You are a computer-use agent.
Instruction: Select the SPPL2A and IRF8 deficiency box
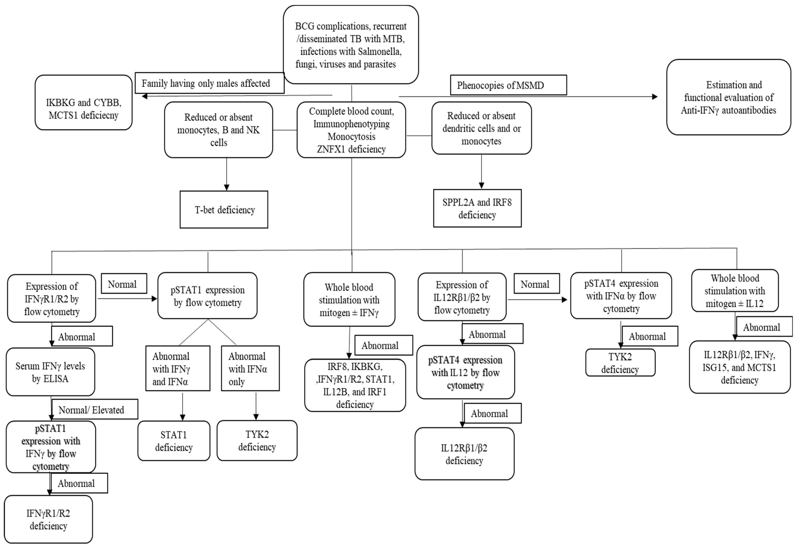click(x=477, y=209)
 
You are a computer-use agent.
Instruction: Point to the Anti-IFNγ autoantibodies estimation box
click(x=729, y=97)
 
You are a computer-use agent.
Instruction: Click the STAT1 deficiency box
click(x=174, y=441)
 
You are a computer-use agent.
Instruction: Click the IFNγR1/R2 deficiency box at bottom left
click(x=48, y=520)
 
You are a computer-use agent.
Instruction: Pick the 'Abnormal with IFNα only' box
click(x=250, y=368)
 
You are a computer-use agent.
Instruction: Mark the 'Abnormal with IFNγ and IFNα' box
click(x=178, y=368)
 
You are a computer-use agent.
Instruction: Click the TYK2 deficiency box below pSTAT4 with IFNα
click(x=620, y=363)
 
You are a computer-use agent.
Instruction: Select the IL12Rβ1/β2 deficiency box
click(x=464, y=454)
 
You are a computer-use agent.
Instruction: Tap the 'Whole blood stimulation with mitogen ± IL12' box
click(x=735, y=291)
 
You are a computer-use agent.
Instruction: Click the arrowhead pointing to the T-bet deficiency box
click(x=227, y=187)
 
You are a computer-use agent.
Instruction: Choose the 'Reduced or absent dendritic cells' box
click(x=481, y=128)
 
